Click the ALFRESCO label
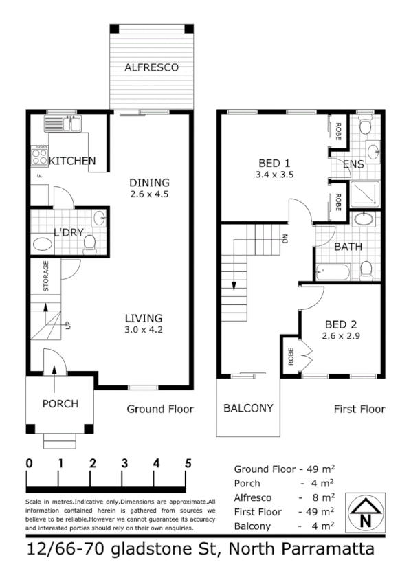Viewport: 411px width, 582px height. click(151, 67)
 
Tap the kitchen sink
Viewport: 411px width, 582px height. click(63, 124)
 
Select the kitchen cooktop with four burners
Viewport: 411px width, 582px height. click(38, 157)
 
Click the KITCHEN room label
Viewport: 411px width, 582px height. click(72, 161)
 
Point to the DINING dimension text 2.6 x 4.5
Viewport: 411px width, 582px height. click(149, 194)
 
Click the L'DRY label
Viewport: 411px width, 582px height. click(68, 232)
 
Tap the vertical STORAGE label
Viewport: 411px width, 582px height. click(46, 276)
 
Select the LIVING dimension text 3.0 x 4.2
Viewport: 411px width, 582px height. click(143, 330)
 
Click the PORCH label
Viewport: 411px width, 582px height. click(60, 403)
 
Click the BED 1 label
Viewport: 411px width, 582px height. click(274, 163)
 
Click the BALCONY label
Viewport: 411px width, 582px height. click(248, 407)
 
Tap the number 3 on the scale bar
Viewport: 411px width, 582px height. click(124, 462)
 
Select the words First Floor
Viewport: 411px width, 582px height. click(359, 409)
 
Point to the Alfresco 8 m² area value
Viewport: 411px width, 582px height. click(323, 497)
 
